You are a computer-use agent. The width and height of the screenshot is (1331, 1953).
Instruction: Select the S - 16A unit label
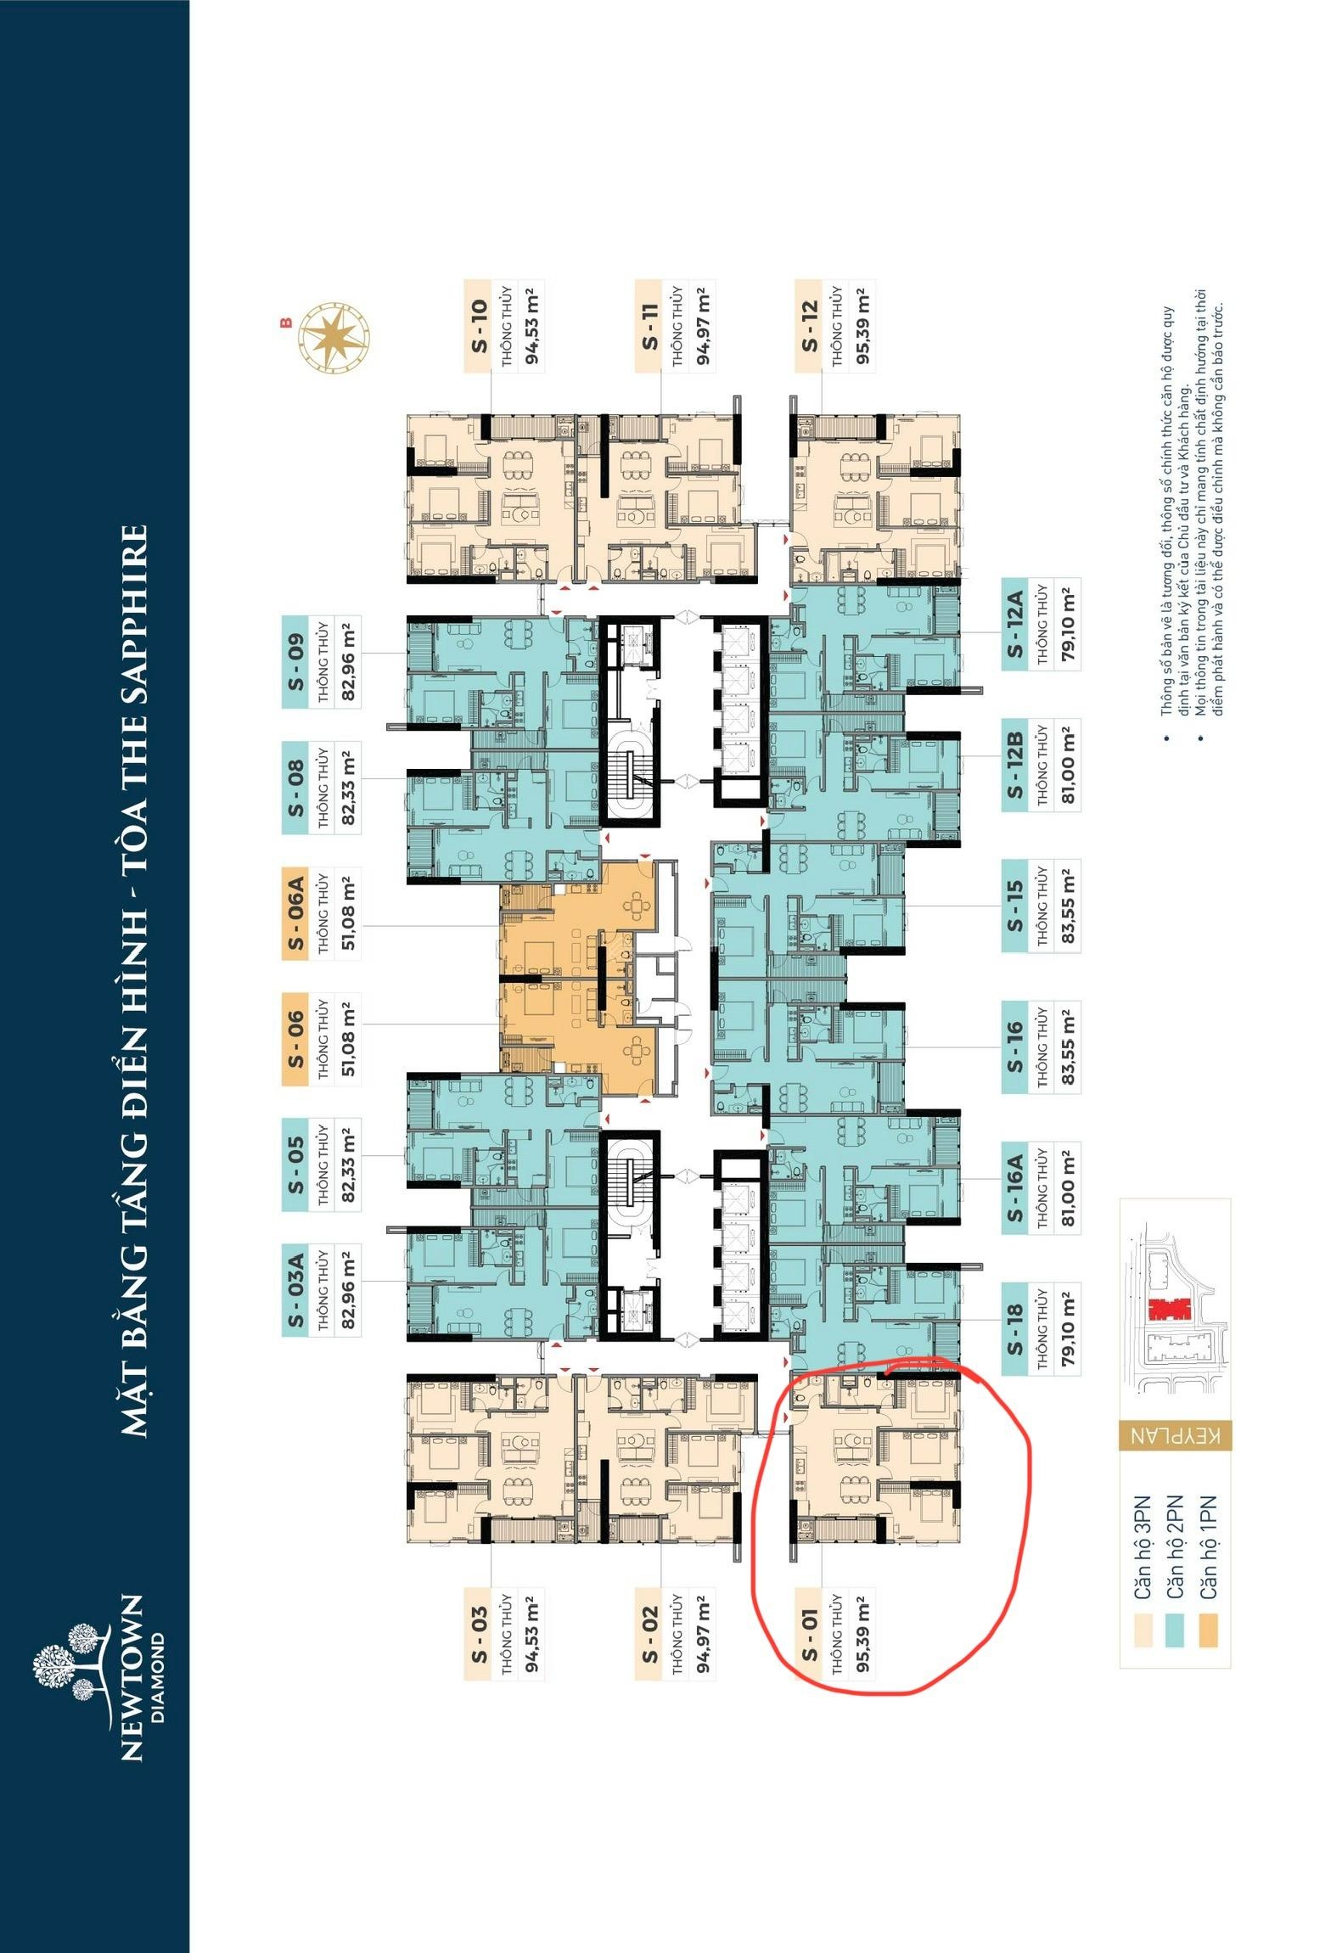point(1015,1186)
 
